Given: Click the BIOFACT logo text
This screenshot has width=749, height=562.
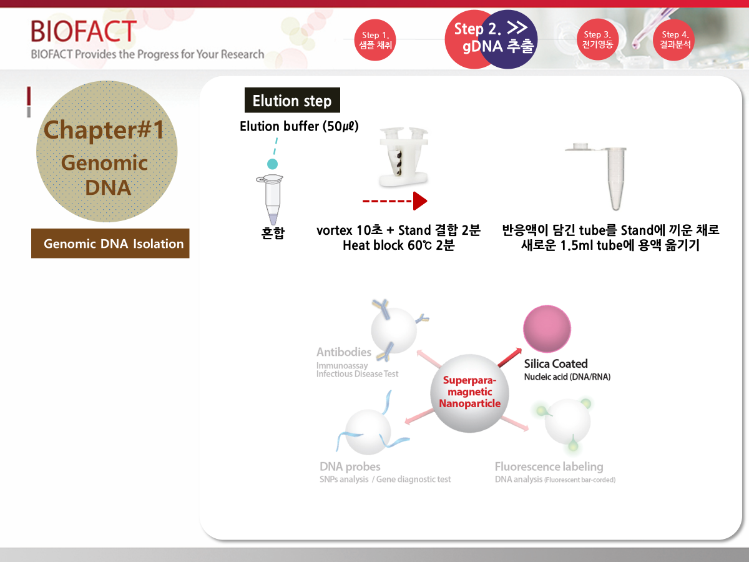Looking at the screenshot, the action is (84, 31).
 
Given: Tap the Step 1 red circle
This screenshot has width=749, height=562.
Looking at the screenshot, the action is (375, 40).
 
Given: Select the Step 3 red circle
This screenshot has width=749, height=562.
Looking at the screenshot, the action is (597, 39).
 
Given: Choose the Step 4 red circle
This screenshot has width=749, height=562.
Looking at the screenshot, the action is (674, 39).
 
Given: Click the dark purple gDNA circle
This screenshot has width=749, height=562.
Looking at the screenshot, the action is (509, 39).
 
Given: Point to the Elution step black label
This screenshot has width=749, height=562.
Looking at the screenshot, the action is (292, 101).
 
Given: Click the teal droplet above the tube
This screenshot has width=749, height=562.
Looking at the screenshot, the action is (272, 164).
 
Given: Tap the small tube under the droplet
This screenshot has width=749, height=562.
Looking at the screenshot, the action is (272, 199).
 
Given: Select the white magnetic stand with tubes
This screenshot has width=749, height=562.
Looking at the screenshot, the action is (404, 157).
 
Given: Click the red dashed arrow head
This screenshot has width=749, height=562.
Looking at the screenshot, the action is (420, 201).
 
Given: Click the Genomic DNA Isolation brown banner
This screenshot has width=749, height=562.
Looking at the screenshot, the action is (110, 244).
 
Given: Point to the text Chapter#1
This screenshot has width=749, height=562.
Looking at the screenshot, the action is (104, 130).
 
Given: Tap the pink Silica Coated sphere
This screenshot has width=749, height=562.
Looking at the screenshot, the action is (547, 328).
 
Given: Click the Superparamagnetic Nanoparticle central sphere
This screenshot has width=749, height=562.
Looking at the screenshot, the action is (469, 393).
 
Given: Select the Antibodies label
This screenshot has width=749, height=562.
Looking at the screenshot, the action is (344, 352).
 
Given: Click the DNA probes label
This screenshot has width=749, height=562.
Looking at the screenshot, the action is (350, 466).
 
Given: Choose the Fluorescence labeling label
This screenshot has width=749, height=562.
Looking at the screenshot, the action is (549, 466).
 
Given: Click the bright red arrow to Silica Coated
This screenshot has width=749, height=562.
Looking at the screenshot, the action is (510, 357).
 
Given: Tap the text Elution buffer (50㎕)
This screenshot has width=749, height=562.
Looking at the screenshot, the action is (299, 126).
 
